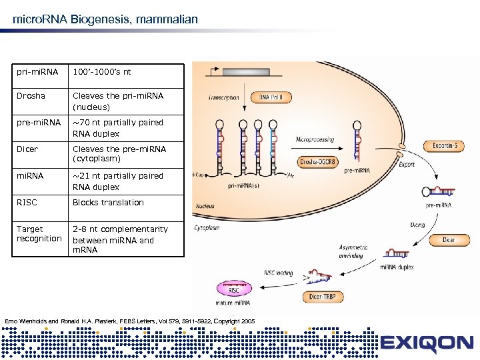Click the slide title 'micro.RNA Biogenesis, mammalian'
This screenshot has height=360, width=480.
pyautogui.click(x=105, y=19)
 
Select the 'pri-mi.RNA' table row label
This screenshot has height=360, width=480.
pyautogui.click(x=37, y=72)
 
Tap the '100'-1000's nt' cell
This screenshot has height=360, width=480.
pyautogui.click(x=102, y=72)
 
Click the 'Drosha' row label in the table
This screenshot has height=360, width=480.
pyautogui.click(x=31, y=96)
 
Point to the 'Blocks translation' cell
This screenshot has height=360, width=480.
pyautogui.click(x=108, y=203)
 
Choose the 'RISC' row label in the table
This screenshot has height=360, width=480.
pyautogui.click(x=27, y=203)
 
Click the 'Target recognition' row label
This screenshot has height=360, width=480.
pyautogui.click(x=39, y=234)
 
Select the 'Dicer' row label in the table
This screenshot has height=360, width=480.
pyautogui.click(x=27, y=149)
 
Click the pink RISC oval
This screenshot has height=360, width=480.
pyautogui.click(x=235, y=289)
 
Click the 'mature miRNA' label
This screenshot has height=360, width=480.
pyautogui.click(x=233, y=303)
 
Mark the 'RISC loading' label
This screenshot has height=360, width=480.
pyautogui.click(x=279, y=273)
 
